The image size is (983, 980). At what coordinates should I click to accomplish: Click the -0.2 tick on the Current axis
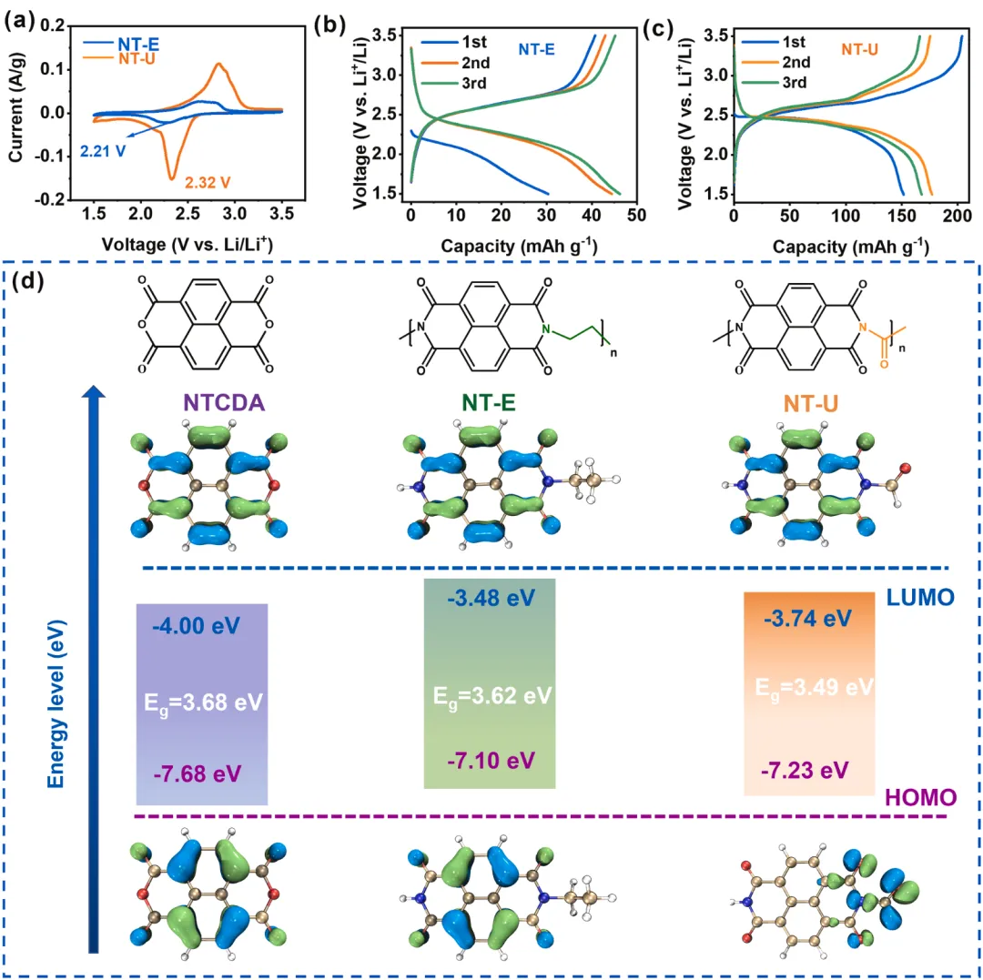point(53,199)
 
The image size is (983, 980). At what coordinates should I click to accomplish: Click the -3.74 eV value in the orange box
point(806,619)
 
